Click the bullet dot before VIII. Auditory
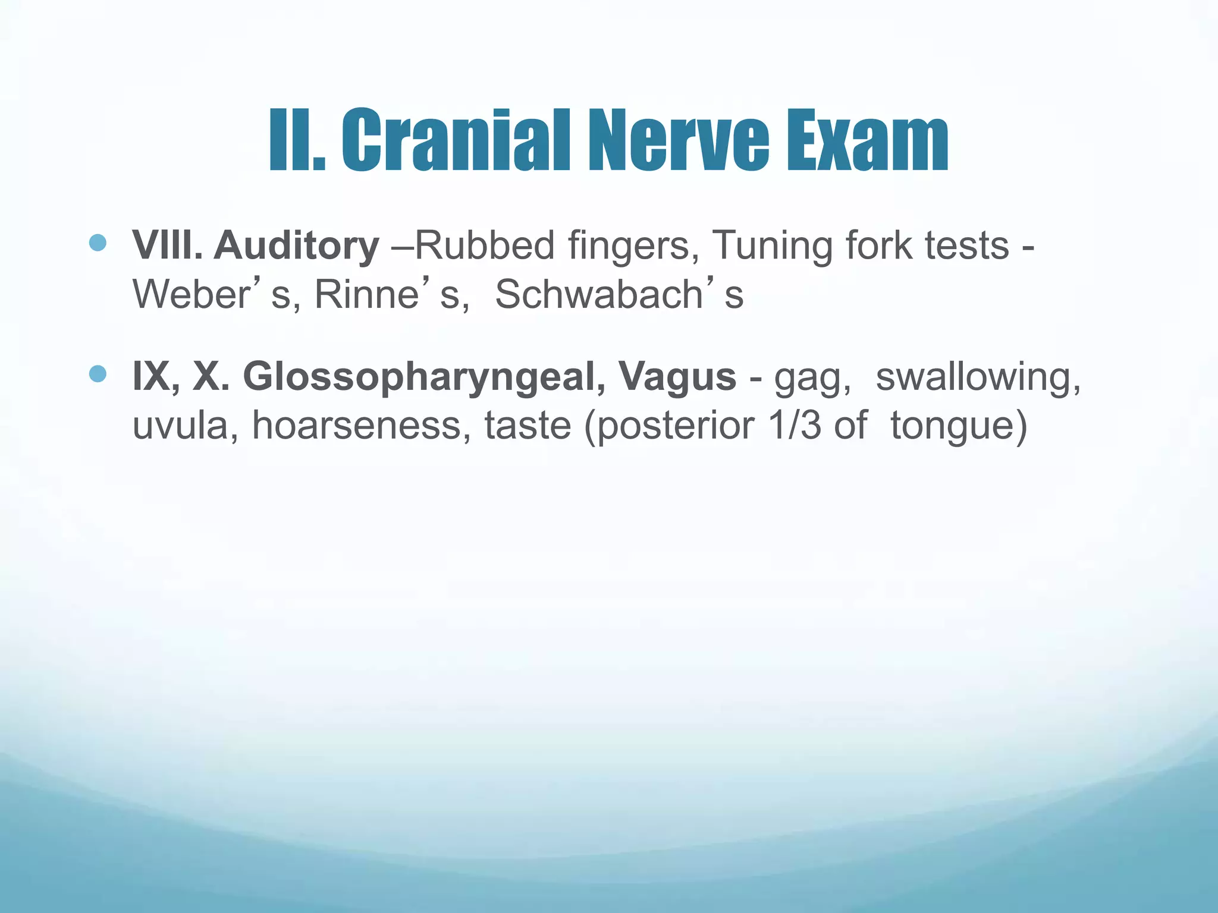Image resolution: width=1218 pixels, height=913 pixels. tap(97, 243)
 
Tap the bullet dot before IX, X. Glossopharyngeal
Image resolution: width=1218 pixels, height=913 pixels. tap(97, 374)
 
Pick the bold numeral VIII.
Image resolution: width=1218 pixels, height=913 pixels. tap(167, 245)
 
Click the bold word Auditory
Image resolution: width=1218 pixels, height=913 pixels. tap(296, 245)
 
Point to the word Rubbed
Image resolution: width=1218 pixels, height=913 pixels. tap(484, 245)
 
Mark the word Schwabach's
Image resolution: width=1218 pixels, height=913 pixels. tap(619, 294)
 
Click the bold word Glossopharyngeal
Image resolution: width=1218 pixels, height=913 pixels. tap(425, 377)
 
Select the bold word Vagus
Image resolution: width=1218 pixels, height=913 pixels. tap(677, 377)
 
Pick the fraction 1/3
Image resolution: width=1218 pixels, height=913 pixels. tap(795, 426)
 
